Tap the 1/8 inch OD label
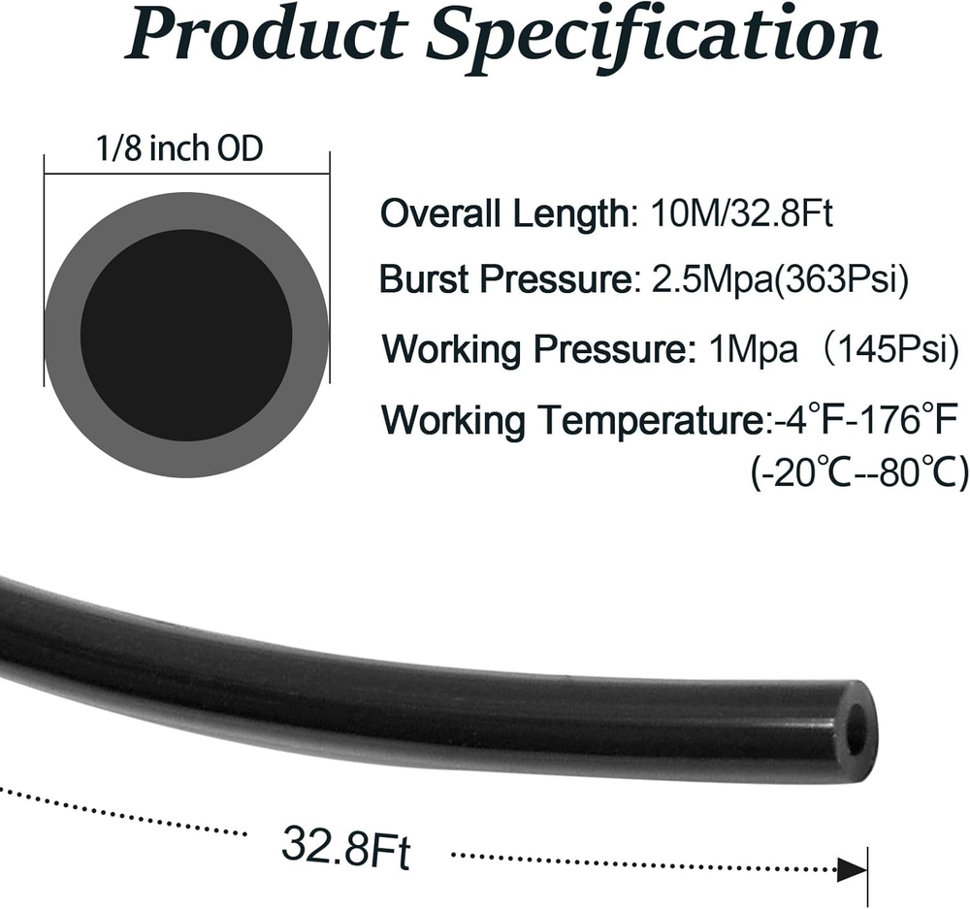179,148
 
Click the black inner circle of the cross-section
186,334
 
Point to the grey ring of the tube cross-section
62,334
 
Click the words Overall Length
504,214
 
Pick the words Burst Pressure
504,279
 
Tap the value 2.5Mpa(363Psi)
780,279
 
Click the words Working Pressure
533,349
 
